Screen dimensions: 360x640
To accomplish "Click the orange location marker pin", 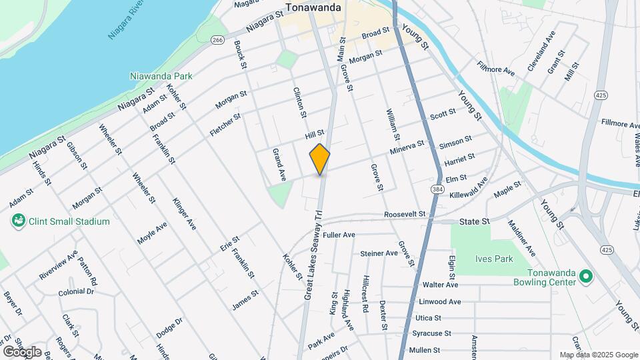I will pyautogui.click(x=320, y=159).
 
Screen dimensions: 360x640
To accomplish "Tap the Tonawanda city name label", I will pyautogui.click(x=313, y=8).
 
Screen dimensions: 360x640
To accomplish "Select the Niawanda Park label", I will pyautogui.click(x=161, y=76).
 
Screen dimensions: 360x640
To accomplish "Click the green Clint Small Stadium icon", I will pyautogui.click(x=18, y=221).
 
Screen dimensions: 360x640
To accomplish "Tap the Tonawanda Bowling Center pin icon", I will pyautogui.click(x=586, y=276).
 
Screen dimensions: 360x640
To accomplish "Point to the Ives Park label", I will pyautogui.click(x=495, y=259).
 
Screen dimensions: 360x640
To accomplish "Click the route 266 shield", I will pyautogui.click(x=217, y=40).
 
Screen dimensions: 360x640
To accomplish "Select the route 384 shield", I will pyautogui.click(x=436, y=190).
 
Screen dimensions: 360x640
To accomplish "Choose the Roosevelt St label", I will pyautogui.click(x=405, y=214).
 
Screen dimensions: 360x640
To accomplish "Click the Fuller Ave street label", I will pyautogui.click(x=339, y=235).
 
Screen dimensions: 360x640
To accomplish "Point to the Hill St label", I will pyautogui.click(x=314, y=134).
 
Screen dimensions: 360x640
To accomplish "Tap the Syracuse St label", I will pyautogui.click(x=431, y=333).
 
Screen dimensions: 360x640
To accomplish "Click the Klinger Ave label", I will pyautogui.click(x=184, y=213).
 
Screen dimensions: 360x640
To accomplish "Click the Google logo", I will pyautogui.click(x=22, y=351).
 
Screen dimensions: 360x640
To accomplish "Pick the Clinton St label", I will pyautogui.click(x=299, y=103).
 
